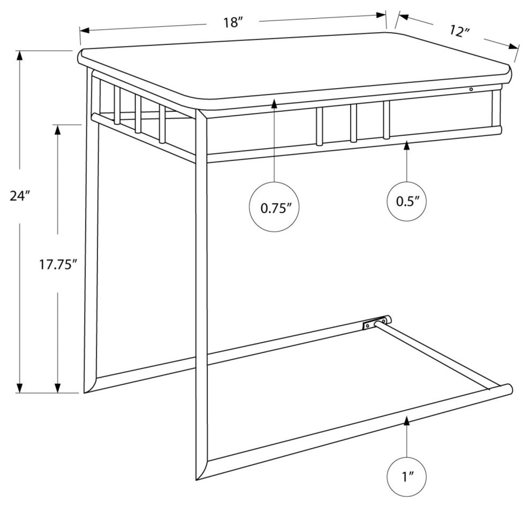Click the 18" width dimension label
click(233, 23)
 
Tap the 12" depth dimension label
click(460, 32)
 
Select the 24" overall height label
click(20, 196)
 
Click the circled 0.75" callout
click(274, 207)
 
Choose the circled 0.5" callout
click(407, 202)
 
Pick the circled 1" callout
click(407, 477)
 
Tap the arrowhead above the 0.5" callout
click(407, 146)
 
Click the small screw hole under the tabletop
click(471, 89)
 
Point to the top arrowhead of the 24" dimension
click(20, 56)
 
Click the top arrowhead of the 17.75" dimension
click(58, 130)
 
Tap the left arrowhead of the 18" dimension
click(85, 30)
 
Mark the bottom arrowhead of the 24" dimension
click(20, 388)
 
